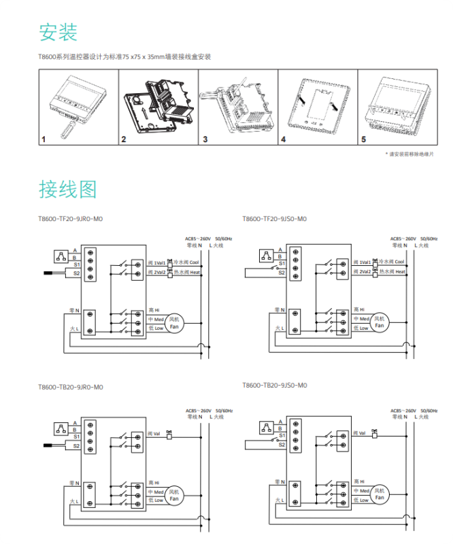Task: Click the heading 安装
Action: [x=58, y=32]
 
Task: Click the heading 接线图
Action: [x=67, y=189]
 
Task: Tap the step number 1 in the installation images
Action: [x=44, y=139]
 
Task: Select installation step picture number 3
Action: [x=235, y=109]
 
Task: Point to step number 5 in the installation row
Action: [x=364, y=139]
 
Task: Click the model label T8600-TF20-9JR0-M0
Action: [x=71, y=219]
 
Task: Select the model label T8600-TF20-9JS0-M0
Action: [x=275, y=219]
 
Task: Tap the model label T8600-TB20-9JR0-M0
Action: [x=71, y=387]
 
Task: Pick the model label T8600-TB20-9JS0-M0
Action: [x=275, y=385]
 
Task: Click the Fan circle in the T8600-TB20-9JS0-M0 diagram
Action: [x=379, y=494]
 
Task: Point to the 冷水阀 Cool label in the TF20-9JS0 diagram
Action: [x=392, y=262]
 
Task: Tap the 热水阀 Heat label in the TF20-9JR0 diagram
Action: [x=188, y=272]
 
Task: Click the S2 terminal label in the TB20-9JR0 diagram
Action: [x=77, y=446]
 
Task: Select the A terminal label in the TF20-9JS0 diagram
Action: [x=279, y=251]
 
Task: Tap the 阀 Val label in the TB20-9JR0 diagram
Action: [x=154, y=433]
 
